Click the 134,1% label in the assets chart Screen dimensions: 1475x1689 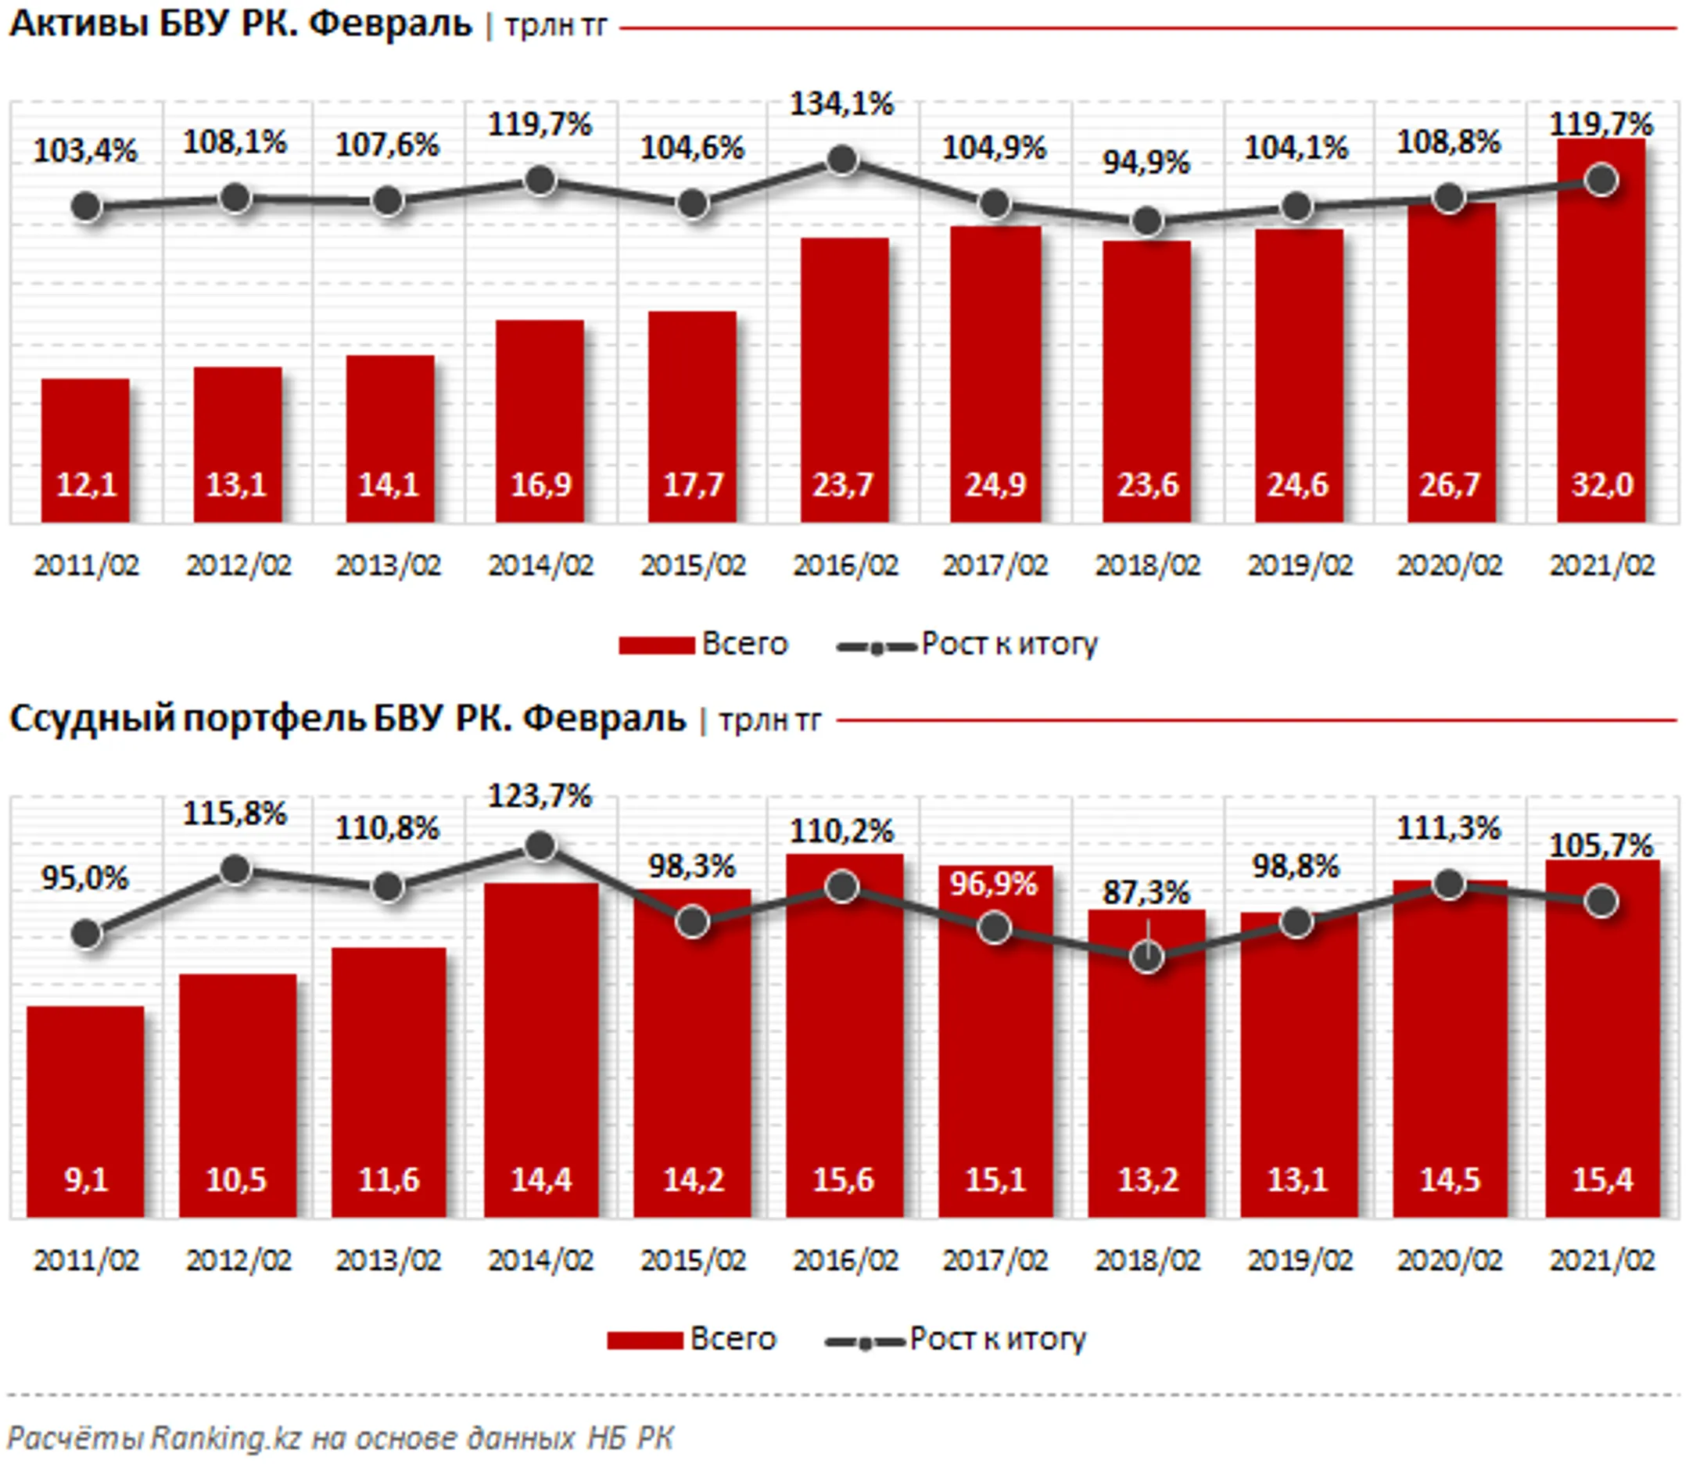pyautogui.click(x=841, y=105)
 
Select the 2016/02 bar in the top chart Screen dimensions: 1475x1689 pyautogui.click(x=844, y=379)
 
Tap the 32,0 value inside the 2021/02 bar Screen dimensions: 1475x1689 pyautogui.click(x=1601, y=485)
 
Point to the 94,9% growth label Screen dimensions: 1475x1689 pyautogui.click(x=1146, y=163)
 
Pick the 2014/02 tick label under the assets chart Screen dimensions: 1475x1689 pyautogui.click(x=541, y=565)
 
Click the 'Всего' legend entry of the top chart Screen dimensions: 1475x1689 pyautogui.click(x=704, y=644)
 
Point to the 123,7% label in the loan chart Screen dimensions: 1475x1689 pyautogui.click(x=540, y=796)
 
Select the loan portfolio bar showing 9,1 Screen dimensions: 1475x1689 pyautogui.click(x=85, y=1111)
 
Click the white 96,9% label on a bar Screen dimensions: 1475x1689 pyautogui.click(x=994, y=884)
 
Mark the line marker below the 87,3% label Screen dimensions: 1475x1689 pyautogui.click(x=1146, y=956)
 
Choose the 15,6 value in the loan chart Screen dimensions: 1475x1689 pyautogui.click(x=843, y=1180)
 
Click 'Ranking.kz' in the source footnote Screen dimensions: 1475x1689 pyautogui.click(x=223, y=1438)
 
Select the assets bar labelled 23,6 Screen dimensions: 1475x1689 pyautogui.click(x=1146, y=379)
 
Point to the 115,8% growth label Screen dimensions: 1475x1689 pyautogui.click(x=235, y=814)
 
